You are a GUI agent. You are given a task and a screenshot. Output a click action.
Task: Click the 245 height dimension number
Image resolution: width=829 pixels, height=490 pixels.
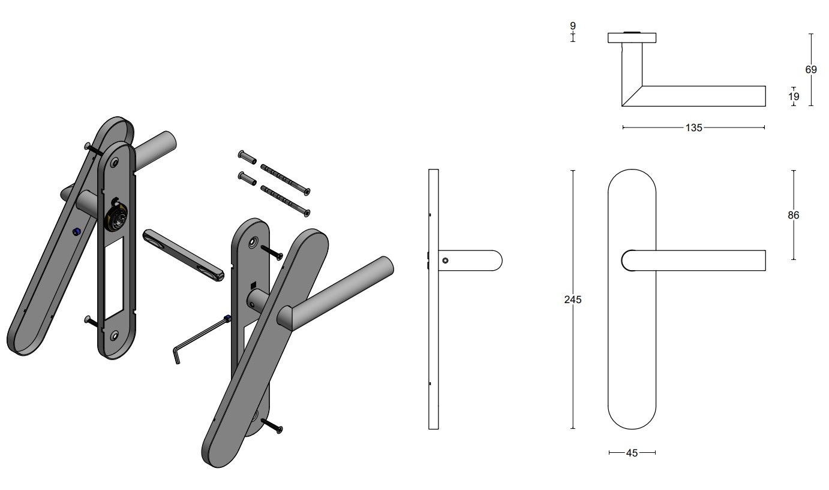click(572, 300)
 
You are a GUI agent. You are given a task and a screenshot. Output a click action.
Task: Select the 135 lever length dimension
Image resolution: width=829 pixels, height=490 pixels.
click(693, 128)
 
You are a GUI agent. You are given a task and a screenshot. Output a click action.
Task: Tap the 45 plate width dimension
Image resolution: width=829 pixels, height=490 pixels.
click(632, 453)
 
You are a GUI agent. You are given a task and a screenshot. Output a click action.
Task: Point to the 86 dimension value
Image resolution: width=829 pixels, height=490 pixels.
click(794, 215)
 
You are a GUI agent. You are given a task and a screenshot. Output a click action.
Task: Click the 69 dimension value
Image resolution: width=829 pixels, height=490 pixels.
click(810, 69)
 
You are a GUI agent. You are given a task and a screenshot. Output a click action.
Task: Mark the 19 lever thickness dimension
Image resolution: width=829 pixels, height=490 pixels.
click(794, 96)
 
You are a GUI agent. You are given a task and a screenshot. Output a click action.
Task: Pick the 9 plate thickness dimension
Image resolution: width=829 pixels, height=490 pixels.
click(572, 26)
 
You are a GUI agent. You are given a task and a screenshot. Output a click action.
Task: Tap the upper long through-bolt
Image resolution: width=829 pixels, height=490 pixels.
click(284, 178)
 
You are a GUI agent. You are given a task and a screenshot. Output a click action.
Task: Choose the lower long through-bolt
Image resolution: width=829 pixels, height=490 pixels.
click(284, 200)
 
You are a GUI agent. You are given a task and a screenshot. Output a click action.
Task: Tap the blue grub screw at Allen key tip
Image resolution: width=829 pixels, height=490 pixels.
click(227, 318)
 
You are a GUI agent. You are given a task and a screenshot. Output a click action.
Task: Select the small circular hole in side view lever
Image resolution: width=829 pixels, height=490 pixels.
click(444, 261)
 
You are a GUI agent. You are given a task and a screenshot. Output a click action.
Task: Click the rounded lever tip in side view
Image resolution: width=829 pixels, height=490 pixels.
click(496, 261)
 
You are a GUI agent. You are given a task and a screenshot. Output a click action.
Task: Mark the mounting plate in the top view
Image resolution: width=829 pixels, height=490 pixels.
click(632, 38)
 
